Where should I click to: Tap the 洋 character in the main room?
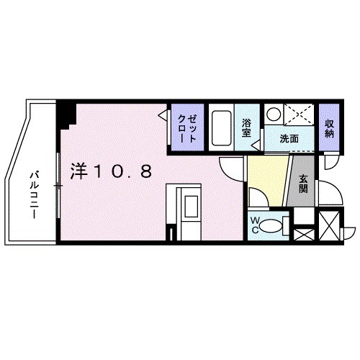[78, 171]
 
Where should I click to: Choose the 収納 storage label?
[329, 127]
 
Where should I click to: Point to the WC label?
[256, 225]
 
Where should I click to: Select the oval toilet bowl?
[272, 225]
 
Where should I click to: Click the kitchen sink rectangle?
[191, 210]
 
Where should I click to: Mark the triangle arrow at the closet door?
[164, 113]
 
